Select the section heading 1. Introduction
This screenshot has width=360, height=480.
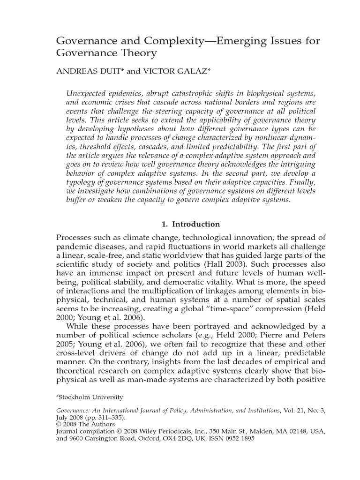190,224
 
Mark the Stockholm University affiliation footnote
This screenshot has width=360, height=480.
90,397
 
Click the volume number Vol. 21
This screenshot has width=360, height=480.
296,410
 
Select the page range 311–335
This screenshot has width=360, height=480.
111,417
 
